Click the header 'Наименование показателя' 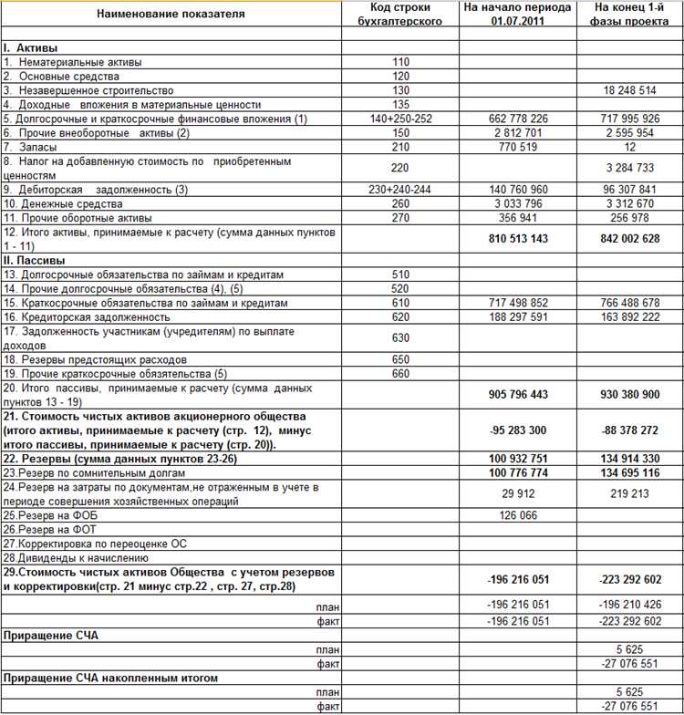point(171,15)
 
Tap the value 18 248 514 point(630,90)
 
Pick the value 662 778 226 point(518,119)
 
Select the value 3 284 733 point(630,168)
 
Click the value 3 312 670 point(630,203)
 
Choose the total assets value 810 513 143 point(518,239)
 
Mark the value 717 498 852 point(518,303)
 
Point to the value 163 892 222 point(630,316)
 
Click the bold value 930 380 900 point(630,395)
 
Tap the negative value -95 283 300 point(518,430)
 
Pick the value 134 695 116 point(630,473)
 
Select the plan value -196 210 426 point(630,606)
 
